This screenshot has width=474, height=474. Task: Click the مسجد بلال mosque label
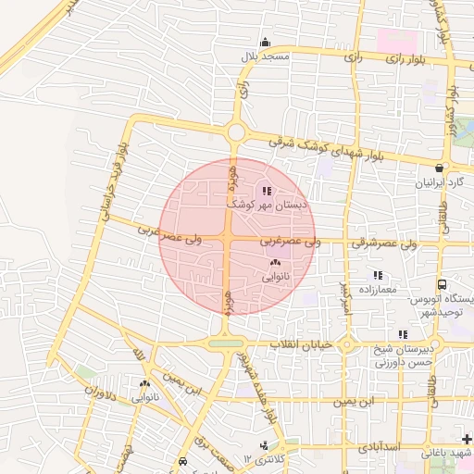267,56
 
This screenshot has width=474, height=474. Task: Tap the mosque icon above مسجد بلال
267,42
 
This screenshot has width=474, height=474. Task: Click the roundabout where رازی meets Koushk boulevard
236,132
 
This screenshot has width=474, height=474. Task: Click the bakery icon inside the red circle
275,264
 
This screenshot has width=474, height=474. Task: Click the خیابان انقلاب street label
294,344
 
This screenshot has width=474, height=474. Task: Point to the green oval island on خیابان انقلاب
226,344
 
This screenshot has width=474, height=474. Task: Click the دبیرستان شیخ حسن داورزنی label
405,356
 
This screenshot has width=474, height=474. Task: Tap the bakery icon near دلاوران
145,383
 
